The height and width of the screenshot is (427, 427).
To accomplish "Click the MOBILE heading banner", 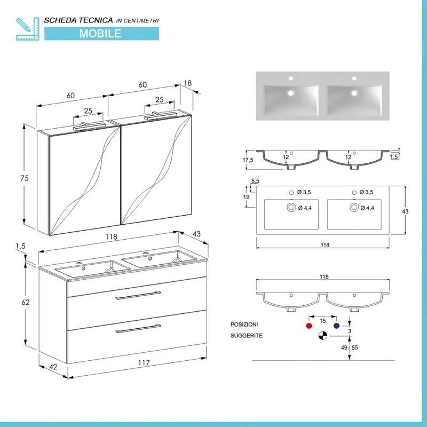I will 100,33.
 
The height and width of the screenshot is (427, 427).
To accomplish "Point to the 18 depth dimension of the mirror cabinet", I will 187,83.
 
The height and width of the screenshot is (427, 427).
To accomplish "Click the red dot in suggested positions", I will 308,325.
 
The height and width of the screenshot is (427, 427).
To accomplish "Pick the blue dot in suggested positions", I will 336,325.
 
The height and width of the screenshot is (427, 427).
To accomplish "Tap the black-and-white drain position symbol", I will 322,336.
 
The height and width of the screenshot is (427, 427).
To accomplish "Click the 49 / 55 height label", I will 349,347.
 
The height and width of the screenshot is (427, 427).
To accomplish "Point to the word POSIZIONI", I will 244,325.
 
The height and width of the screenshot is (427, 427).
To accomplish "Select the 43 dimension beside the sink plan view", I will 405,212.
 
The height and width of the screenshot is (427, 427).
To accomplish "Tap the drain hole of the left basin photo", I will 291,93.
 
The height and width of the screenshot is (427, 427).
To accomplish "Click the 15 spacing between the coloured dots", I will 323,320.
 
